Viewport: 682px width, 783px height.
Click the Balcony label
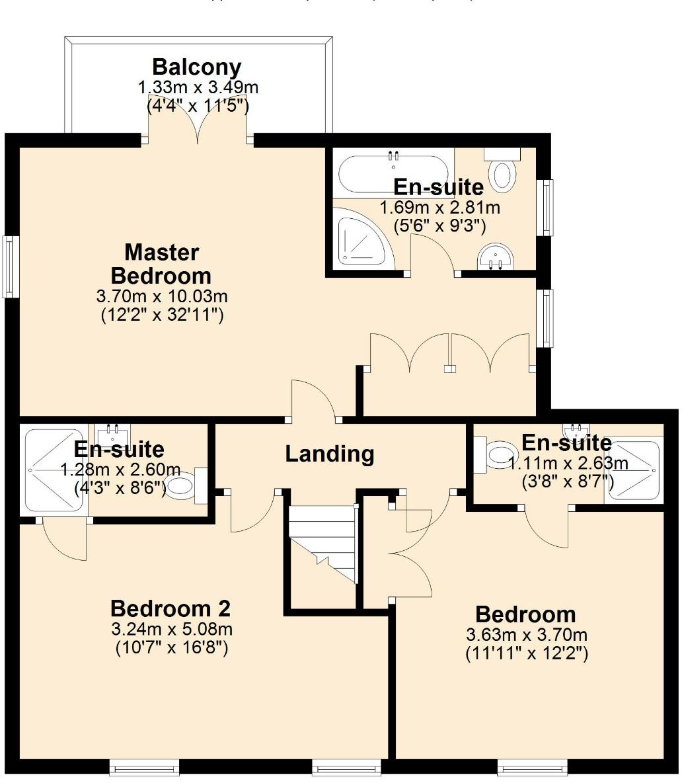(x=196, y=67)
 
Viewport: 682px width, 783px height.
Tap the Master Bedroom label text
(x=161, y=263)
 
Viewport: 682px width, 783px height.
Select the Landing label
(x=330, y=454)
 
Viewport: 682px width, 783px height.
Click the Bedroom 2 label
(x=170, y=608)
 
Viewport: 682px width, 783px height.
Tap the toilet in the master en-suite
(x=503, y=171)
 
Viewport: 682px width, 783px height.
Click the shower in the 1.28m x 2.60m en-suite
(x=52, y=469)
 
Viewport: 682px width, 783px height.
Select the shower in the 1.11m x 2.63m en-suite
(x=634, y=470)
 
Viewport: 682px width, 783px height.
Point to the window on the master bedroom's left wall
(x=9, y=267)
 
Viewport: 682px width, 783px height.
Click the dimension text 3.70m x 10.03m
(x=162, y=296)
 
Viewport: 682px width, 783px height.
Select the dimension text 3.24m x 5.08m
(x=171, y=628)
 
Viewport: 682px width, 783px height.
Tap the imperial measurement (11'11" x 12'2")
(x=526, y=654)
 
